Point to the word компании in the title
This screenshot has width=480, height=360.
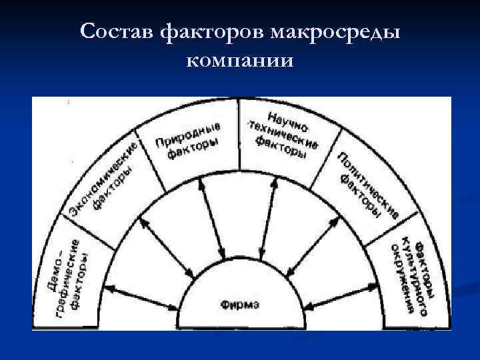coord(240,61)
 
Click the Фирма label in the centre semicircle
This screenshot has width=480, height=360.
coord(241,305)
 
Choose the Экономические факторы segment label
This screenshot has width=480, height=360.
coord(107,179)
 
